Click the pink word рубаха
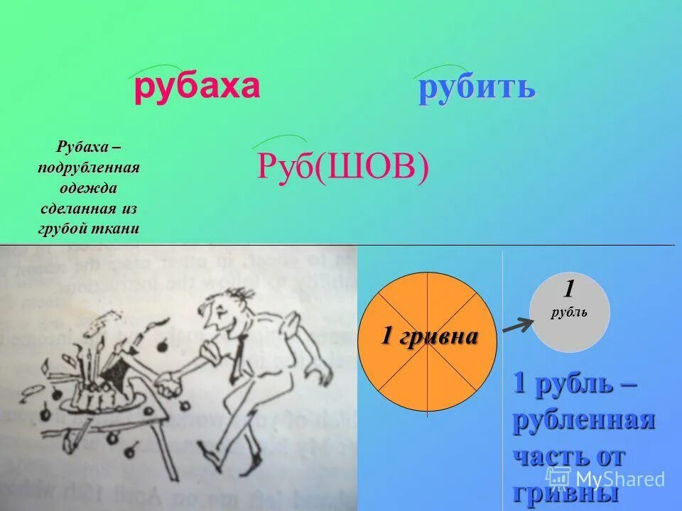(197, 87)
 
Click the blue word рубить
(476, 89)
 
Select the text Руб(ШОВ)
(342, 168)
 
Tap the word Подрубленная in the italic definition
(88, 167)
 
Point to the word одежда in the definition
(88, 188)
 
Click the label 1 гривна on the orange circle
(428, 336)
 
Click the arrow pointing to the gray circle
(516, 325)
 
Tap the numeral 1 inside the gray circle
(569, 289)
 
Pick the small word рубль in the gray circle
(569, 312)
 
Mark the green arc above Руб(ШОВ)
(278, 140)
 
